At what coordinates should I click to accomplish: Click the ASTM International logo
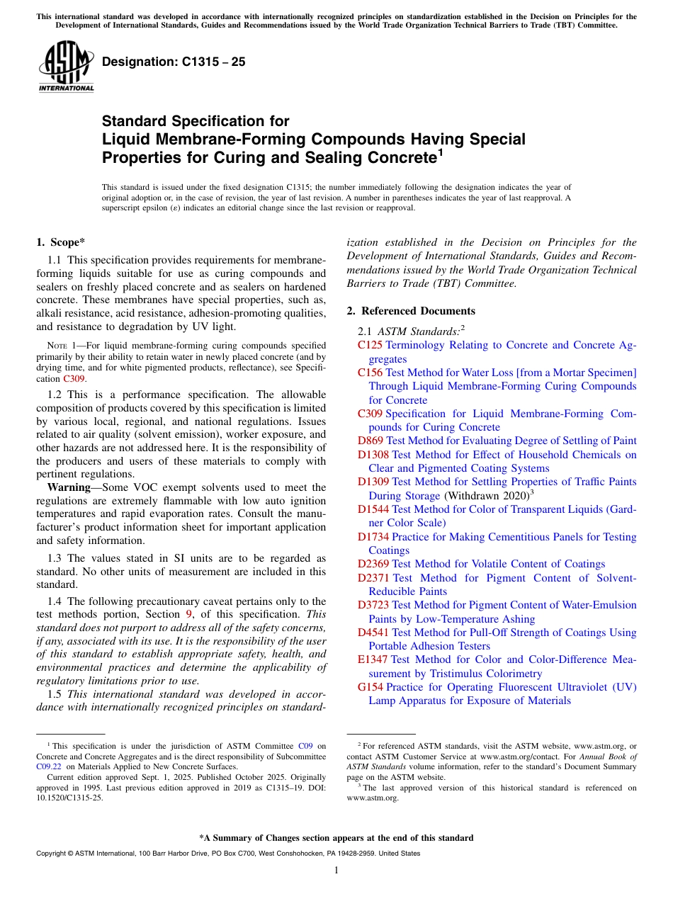[x=66, y=67]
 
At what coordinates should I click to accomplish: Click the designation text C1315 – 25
[x=174, y=62]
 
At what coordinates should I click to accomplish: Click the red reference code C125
[x=370, y=345]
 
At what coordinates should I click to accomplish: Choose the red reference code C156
[x=370, y=373]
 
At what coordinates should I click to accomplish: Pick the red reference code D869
[x=371, y=441]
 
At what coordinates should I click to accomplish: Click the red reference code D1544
[x=373, y=509]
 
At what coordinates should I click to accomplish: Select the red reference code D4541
[x=373, y=633]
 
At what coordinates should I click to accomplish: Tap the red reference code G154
[x=371, y=687]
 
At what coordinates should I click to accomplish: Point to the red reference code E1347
[x=373, y=660]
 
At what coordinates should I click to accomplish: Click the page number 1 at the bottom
[x=336, y=871]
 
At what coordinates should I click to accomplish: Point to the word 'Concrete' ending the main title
[x=388, y=157]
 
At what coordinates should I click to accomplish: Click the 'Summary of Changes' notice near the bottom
[x=336, y=838]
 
